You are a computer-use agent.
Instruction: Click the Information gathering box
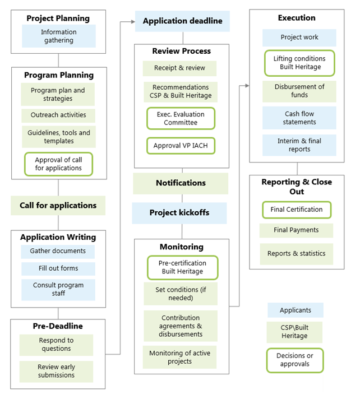coord(58,36)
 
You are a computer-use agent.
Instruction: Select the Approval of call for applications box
coord(58,164)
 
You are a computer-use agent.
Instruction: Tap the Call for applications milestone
coord(58,206)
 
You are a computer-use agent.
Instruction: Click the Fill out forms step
coord(58,268)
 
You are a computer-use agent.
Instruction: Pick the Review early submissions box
coord(56,371)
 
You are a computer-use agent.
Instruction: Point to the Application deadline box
coord(182,21)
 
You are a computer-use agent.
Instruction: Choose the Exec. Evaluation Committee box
coord(181,118)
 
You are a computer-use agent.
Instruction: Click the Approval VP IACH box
coord(181,146)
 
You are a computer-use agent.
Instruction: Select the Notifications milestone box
coord(181,183)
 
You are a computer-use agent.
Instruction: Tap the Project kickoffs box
coord(179,213)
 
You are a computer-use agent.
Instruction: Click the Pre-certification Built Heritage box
coord(182,267)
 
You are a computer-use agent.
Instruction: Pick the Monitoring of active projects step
coord(180,357)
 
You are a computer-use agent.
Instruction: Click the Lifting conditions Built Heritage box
coord(299,63)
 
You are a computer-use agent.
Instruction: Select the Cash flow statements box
coord(299,118)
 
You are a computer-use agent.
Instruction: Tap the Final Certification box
coord(297,210)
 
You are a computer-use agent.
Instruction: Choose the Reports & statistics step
coord(296,253)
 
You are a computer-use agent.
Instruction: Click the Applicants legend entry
coord(295,310)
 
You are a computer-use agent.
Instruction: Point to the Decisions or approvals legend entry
coord(295,360)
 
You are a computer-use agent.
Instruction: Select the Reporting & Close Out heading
coord(297,187)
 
